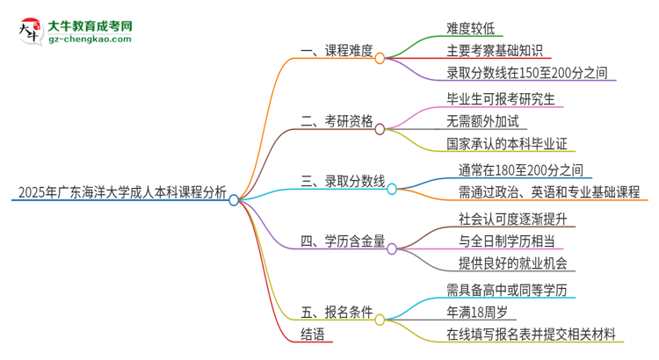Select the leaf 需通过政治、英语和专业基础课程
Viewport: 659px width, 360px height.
548,191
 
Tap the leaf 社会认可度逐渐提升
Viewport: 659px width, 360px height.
508,217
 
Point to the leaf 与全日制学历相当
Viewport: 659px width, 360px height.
502,240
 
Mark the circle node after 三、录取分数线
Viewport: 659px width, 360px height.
392,188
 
